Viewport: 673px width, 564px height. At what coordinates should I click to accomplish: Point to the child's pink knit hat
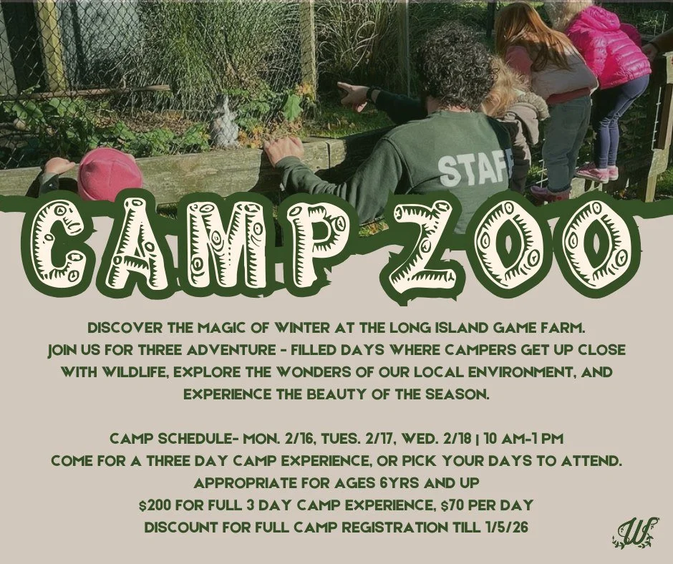pos(109,175)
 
